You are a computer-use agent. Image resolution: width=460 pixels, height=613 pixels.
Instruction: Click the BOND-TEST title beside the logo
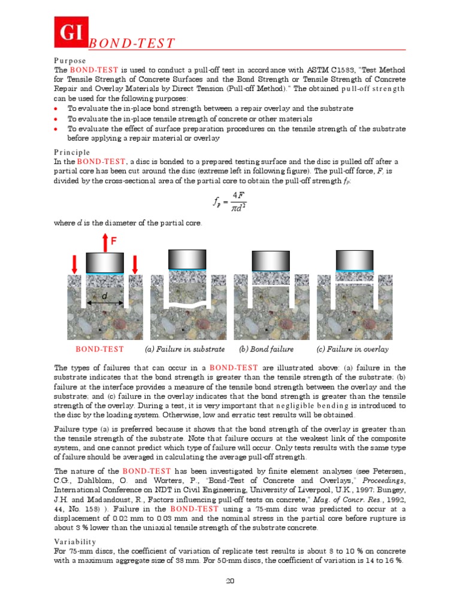pyautogui.click(x=131, y=44)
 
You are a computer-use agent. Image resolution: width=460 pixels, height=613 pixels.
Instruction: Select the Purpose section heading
pyautogui.click(x=69, y=61)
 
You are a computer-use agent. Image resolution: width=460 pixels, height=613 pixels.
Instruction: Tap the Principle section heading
pyautogui.click(x=72, y=152)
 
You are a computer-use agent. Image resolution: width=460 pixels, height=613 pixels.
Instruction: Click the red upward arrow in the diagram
pyautogui.click(x=105, y=242)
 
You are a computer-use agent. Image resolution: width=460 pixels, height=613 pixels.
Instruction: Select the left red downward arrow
pyautogui.click(x=74, y=263)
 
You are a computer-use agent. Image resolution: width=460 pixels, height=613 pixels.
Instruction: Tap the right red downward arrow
pyautogui.click(x=135, y=263)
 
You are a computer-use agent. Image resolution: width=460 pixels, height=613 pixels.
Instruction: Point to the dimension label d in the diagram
pyautogui.click(x=105, y=296)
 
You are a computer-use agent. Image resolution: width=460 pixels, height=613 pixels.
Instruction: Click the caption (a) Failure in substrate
pyautogui.click(x=185, y=350)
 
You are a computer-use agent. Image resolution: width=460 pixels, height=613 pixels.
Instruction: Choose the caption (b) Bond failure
pyautogui.click(x=266, y=350)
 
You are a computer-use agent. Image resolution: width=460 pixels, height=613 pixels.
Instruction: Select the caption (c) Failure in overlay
pyautogui.click(x=352, y=350)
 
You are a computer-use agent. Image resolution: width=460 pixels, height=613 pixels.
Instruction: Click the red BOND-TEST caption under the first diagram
pyautogui.click(x=99, y=350)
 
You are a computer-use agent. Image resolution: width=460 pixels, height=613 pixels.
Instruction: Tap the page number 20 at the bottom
pyautogui.click(x=229, y=581)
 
